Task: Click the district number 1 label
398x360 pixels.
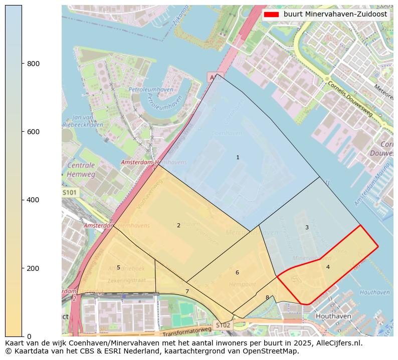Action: tap(238, 158)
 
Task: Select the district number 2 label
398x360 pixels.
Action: tap(178, 225)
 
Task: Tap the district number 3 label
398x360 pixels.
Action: tap(307, 227)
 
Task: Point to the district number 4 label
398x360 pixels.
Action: tap(328, 267)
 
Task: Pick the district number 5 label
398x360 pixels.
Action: tap(118, 267)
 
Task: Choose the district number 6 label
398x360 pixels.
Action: tap(237, 272)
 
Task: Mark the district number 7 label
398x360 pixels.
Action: tap(187, 291)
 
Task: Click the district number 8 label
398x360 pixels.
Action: tap(267, 297)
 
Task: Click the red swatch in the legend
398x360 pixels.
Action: tap(271, 15)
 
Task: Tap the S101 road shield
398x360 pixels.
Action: tap(70, 192)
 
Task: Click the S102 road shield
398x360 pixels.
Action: tap(223, 325)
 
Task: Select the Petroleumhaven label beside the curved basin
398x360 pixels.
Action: tap(151, 90)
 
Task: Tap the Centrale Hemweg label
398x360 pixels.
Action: tap(81, 170)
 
